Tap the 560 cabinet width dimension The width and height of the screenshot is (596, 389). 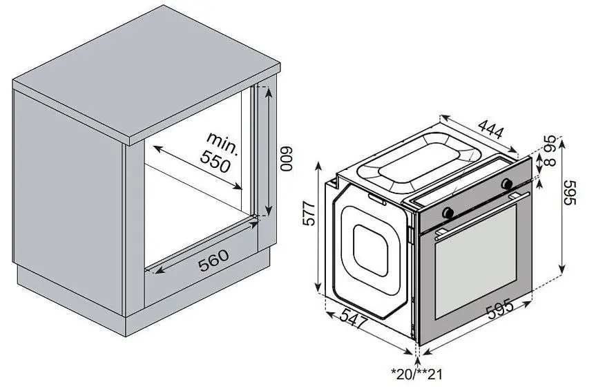214,260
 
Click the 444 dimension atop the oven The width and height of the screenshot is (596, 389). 491,129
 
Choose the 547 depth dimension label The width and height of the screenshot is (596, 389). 354,319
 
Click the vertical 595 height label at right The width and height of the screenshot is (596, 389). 570,192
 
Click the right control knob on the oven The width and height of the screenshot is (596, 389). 507,183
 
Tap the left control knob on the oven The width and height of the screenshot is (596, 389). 448,212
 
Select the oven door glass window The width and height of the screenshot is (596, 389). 476,262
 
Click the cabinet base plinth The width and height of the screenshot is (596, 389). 144,301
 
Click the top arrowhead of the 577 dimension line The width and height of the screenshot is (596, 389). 318,164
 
